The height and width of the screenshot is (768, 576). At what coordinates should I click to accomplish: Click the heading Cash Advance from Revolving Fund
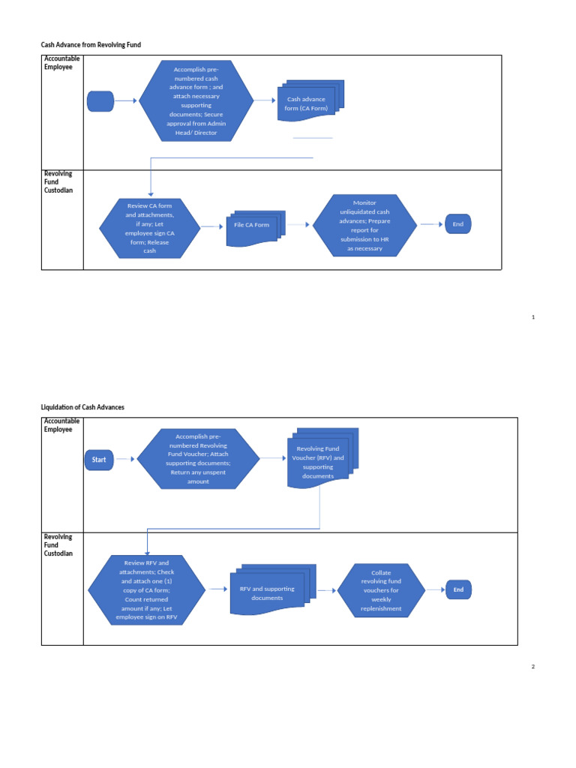91,44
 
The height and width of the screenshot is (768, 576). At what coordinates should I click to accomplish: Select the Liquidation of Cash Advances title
82,407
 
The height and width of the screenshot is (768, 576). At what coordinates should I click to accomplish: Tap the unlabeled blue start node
100,101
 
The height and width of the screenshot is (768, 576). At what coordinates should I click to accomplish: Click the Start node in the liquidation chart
99,460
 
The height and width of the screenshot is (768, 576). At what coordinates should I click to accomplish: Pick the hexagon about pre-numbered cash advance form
196,101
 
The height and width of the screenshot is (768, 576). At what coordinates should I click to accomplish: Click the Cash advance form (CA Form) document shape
310,101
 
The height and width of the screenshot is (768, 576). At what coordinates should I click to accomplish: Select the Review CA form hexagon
149,228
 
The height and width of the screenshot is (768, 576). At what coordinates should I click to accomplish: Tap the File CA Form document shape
256,228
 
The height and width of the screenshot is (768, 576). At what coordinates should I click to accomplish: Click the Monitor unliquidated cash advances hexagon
364,225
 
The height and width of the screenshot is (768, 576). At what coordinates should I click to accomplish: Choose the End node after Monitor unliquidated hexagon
458,224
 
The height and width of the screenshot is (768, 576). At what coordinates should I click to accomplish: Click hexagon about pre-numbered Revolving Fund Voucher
198,459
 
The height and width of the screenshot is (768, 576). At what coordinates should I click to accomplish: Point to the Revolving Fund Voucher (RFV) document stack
322,459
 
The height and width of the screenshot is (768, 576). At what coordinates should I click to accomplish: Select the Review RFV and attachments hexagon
146,589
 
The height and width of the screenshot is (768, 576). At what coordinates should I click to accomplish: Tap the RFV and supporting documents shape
273,589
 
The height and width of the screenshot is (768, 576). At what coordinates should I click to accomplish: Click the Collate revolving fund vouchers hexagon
381,590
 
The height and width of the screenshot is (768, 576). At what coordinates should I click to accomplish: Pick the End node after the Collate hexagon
458,589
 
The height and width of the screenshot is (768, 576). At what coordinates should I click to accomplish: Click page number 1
533,317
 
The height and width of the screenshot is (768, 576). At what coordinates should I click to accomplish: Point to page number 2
533,667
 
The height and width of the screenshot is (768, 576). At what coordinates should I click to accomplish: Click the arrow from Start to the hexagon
125,459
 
